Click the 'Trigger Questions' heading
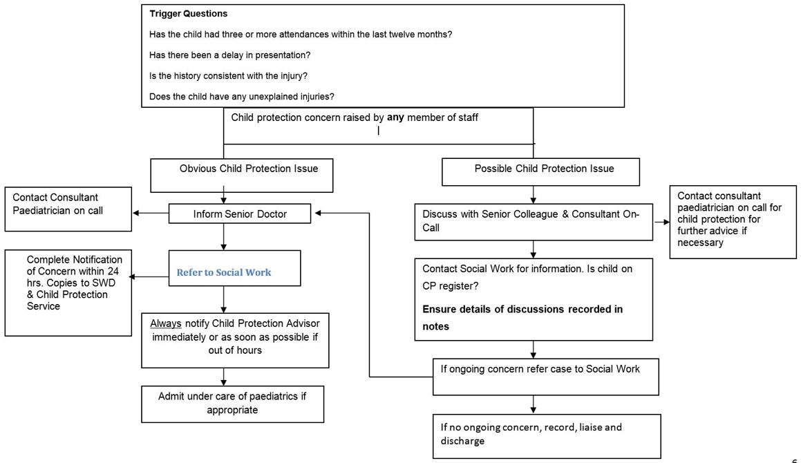188,14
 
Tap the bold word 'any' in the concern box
395,117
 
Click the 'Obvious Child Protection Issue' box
242,175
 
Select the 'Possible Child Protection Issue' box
540,171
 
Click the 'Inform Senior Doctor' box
240,214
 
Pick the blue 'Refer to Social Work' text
224,272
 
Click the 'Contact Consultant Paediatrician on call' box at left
68,209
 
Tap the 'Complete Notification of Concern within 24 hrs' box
68,293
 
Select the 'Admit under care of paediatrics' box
232,404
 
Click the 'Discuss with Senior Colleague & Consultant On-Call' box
533,221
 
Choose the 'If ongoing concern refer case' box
545,376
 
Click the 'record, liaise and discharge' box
547,436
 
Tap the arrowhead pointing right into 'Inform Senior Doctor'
317,213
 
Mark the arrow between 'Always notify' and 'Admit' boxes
223,377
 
